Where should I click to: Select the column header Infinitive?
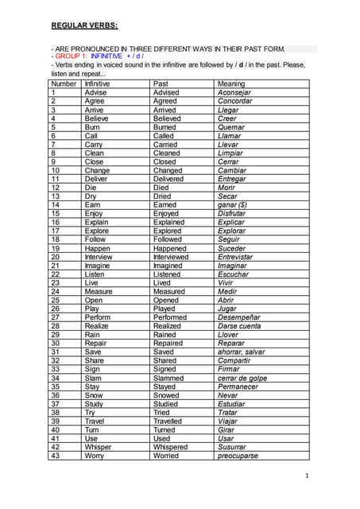coord(97,84)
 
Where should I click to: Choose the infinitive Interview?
coord(99,257)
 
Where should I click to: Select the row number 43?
coord(56,456)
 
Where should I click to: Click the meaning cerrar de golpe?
coord(242,378)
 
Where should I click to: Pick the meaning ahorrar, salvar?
coord(241,352)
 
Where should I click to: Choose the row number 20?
coord(56,257)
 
